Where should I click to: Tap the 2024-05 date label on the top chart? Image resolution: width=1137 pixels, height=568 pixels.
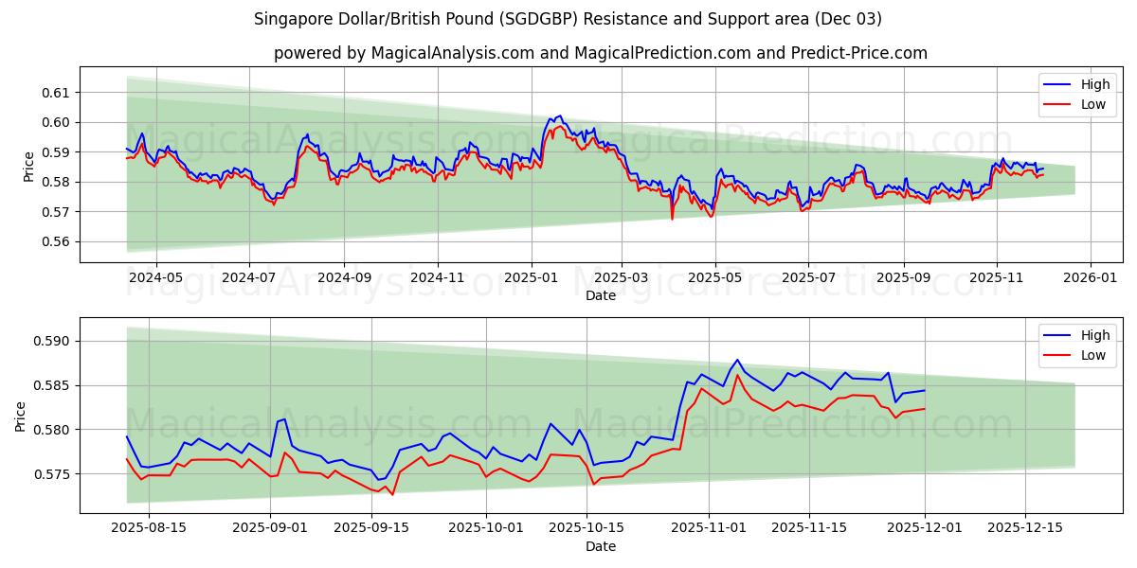click(x=155, y=278)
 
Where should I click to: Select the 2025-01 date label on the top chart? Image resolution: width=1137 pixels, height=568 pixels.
click(x=531, y=278)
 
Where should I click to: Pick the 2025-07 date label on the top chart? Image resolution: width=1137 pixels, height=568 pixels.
click(x=808, y=278)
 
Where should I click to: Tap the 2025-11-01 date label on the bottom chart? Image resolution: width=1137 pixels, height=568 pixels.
click(x=709, y=528)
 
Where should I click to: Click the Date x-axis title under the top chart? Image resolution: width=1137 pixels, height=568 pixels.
click(x=600, y=295)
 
